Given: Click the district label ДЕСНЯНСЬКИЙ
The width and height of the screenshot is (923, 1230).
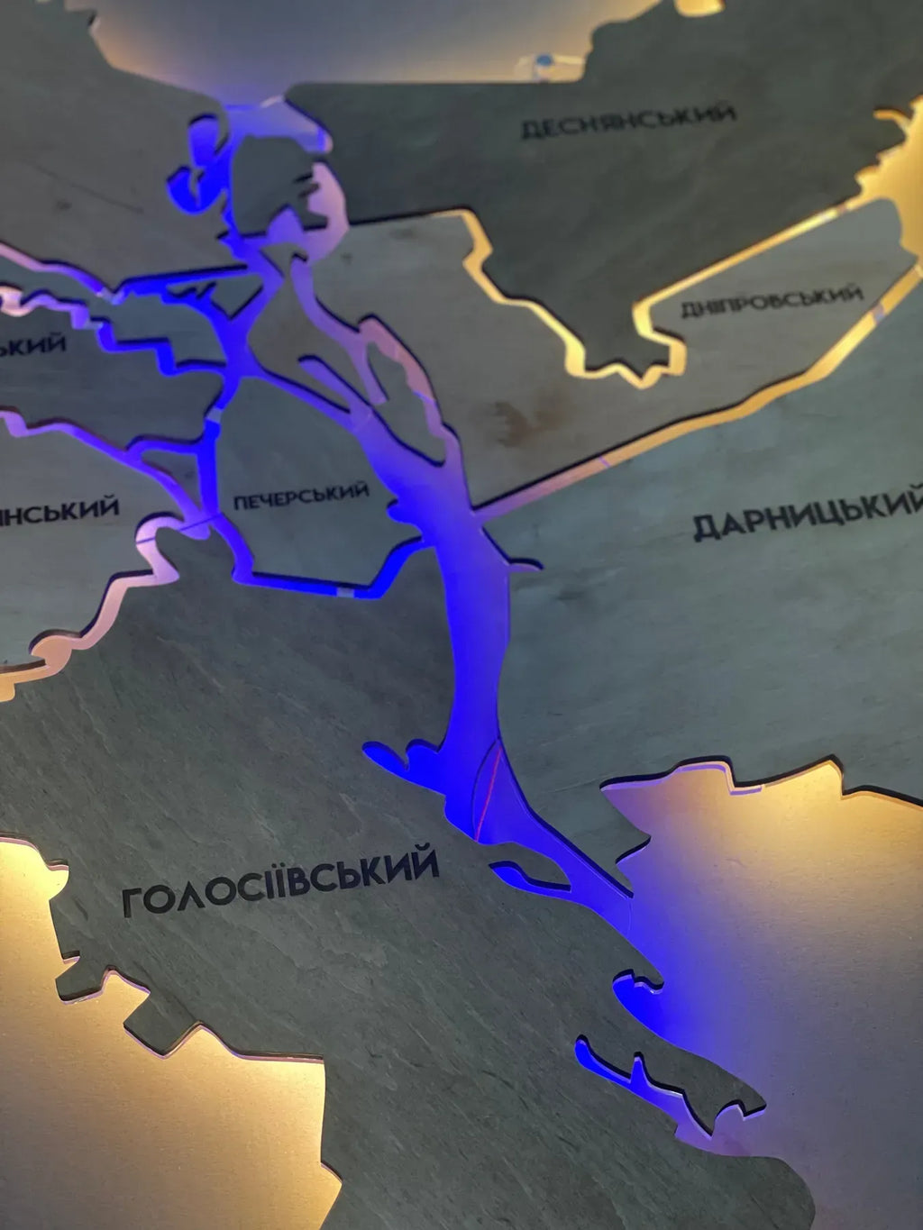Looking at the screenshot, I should pyautogui.click(x=628, y=122).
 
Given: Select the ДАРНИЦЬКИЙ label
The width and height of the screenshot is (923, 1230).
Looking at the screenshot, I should pyautogui.click(x=808, y=515).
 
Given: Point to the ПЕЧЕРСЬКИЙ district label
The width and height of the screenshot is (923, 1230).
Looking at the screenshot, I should pyautogui.click(x=301, y=495).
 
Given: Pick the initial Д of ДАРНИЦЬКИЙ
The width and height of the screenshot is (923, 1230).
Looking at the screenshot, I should pyautogui.click(x=706, y=527).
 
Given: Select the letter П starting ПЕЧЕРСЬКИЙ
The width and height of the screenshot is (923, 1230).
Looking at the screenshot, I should pyautogui.click(x=240, y=502).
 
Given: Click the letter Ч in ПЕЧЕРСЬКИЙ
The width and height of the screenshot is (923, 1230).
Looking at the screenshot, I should pyautogui.click(x=270, y=498).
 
